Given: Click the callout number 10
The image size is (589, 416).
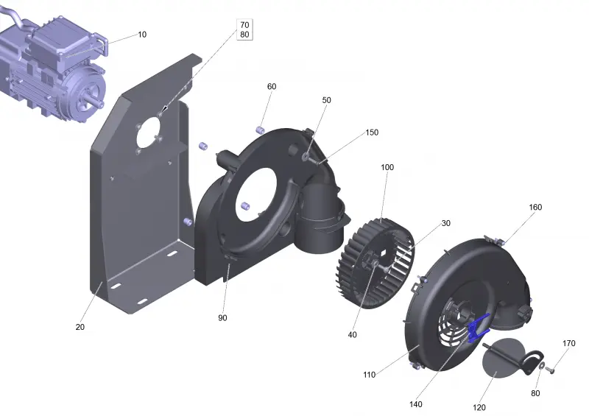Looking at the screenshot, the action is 142,35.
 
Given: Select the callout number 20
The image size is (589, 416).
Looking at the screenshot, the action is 80,328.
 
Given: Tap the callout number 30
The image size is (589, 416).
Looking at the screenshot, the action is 445,223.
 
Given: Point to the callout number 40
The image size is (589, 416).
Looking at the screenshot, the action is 353,335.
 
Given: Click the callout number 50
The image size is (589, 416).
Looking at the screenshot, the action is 326,100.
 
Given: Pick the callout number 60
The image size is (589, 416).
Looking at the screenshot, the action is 272,87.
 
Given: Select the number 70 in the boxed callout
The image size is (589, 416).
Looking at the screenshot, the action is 244,25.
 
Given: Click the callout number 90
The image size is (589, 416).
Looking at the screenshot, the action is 222,318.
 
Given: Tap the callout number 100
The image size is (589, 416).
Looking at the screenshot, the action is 387,167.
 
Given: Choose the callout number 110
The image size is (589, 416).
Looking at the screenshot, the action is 370,375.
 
